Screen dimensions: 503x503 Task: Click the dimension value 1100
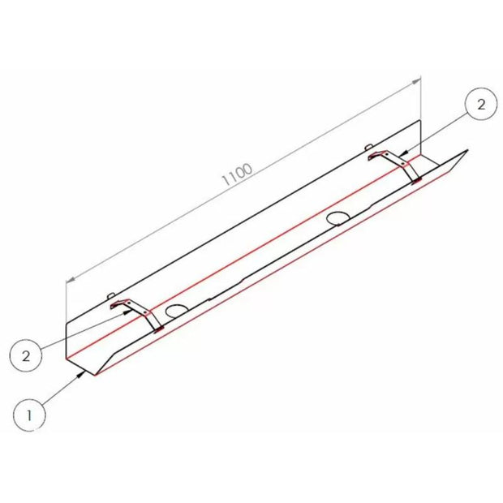point(238,174)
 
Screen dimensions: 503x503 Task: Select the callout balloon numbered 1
point(29,415)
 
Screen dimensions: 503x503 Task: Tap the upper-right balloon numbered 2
point(481,105)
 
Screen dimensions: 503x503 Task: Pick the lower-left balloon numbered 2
point(26,355)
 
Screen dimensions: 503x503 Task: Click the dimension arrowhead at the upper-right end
point(416,81)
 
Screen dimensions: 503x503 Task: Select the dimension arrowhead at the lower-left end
point(71,280)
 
